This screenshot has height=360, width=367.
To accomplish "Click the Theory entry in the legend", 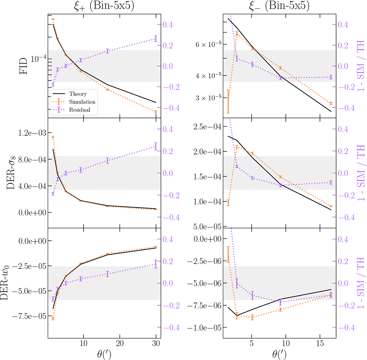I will [78, 94].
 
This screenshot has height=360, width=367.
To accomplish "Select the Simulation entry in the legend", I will [82, 102].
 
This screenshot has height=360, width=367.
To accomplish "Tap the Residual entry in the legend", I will [80, 110].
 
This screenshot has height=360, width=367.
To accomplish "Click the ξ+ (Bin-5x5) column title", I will [104, 6].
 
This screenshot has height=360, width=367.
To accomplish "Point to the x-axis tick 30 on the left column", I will [156, 343].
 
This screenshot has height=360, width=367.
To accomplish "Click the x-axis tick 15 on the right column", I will [320, 343].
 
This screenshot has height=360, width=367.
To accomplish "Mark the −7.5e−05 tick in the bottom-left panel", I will [29, 316].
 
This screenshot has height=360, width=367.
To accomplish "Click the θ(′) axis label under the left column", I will [104, 355].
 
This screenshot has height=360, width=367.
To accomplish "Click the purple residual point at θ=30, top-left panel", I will [156, 39].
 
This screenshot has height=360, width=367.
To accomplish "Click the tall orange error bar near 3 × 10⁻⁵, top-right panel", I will [228, 101].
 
